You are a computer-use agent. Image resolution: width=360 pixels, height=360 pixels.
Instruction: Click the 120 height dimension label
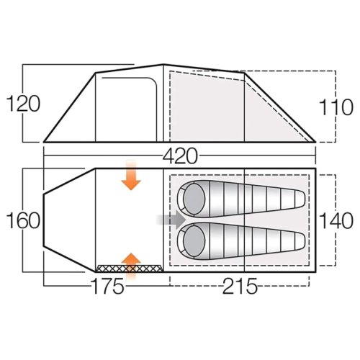23,104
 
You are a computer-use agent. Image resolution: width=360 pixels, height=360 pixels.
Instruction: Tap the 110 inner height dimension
336,107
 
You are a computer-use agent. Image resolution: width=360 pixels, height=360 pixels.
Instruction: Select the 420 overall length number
180,156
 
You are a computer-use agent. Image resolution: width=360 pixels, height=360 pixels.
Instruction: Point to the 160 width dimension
23,220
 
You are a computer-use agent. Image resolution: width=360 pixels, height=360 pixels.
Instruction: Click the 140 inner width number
336,221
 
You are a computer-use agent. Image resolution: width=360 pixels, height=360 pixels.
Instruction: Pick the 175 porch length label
108,286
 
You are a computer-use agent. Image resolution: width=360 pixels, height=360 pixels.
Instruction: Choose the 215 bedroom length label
240,286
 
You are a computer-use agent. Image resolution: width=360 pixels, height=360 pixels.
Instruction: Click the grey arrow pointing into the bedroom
171,220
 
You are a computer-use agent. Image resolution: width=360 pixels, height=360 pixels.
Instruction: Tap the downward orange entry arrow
131,176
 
